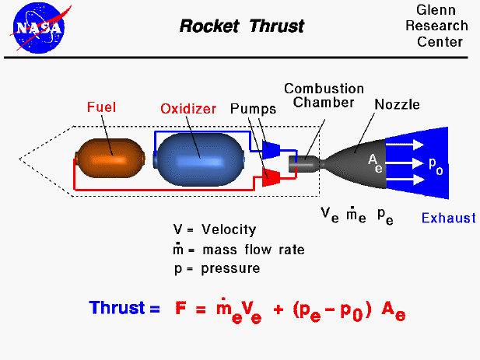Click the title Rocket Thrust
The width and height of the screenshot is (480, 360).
[242, 26]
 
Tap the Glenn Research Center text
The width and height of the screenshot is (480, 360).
[441, 26]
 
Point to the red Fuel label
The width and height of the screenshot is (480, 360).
[102, 107]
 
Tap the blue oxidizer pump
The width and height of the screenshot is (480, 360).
[271, 149]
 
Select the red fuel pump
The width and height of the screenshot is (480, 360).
[271, 177]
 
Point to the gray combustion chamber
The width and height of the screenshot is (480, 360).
[304, 163]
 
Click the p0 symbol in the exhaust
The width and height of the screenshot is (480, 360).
[436, 165]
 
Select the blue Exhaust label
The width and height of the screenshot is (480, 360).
[448, 218]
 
